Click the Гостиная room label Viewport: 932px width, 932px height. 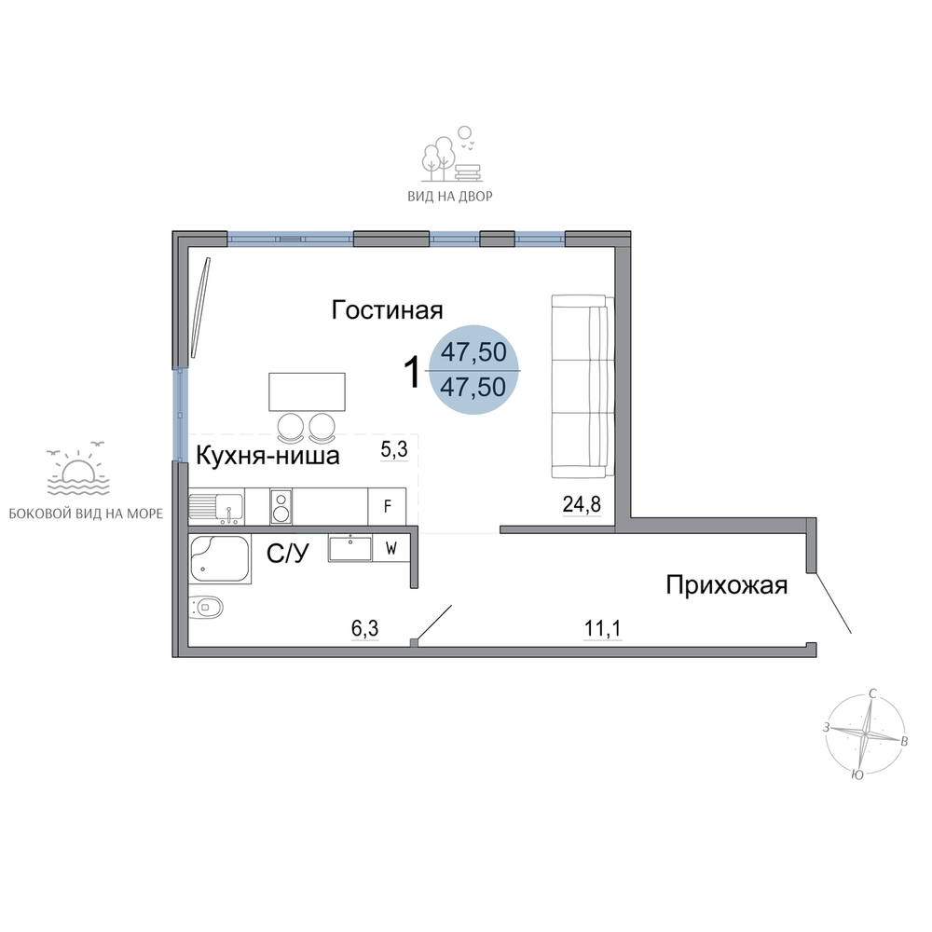[387, 310]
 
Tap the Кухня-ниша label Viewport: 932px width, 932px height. [267, 456]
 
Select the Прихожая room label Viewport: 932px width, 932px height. [726, 585]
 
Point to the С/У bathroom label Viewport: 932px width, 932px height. [288, 554]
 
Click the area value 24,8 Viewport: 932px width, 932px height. [582, 504]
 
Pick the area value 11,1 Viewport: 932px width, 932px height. [603, 629]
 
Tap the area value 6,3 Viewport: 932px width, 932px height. [365, 629]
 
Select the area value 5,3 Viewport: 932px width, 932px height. [394, 450]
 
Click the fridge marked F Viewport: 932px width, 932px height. [387, 506]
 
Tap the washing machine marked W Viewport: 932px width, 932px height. [391, 548]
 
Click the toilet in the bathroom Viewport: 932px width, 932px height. [205, 608]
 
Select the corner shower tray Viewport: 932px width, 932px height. [220, 559]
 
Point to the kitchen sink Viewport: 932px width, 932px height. [216, 507]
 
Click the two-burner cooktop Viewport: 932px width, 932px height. [281, 506]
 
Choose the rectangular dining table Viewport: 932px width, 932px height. [307, 391]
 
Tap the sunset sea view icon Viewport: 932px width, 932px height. [78, 470]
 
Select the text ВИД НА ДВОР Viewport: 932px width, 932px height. [450, 196]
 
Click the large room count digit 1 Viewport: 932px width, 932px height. [412, 373]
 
